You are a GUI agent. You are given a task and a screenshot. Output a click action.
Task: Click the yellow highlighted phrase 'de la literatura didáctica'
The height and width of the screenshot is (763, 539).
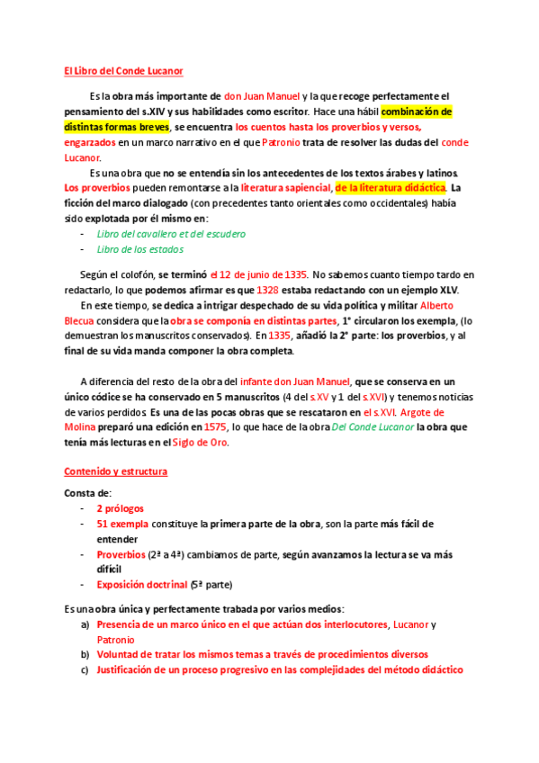(x=391, y=188)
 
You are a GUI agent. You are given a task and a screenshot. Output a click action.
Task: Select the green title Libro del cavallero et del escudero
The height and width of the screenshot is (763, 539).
(x=170, y=234)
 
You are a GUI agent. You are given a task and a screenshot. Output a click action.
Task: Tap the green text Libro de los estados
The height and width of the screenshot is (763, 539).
(x=139, y=249)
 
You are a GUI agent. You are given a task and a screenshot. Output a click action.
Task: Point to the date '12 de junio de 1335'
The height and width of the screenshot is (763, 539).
(x=260, y=274)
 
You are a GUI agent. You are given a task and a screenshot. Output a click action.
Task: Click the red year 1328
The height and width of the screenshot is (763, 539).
(x=267, y=290)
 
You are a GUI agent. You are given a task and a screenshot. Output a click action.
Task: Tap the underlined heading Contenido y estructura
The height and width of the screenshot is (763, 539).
(x=114, y=471)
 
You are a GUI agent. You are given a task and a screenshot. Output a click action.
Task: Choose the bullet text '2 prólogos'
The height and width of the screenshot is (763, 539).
(x=120, y=508)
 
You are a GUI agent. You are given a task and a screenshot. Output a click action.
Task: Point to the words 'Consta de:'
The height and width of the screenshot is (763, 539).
(x=87, y=493)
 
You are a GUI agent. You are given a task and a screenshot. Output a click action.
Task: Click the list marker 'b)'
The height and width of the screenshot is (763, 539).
(x=85, y=654)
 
